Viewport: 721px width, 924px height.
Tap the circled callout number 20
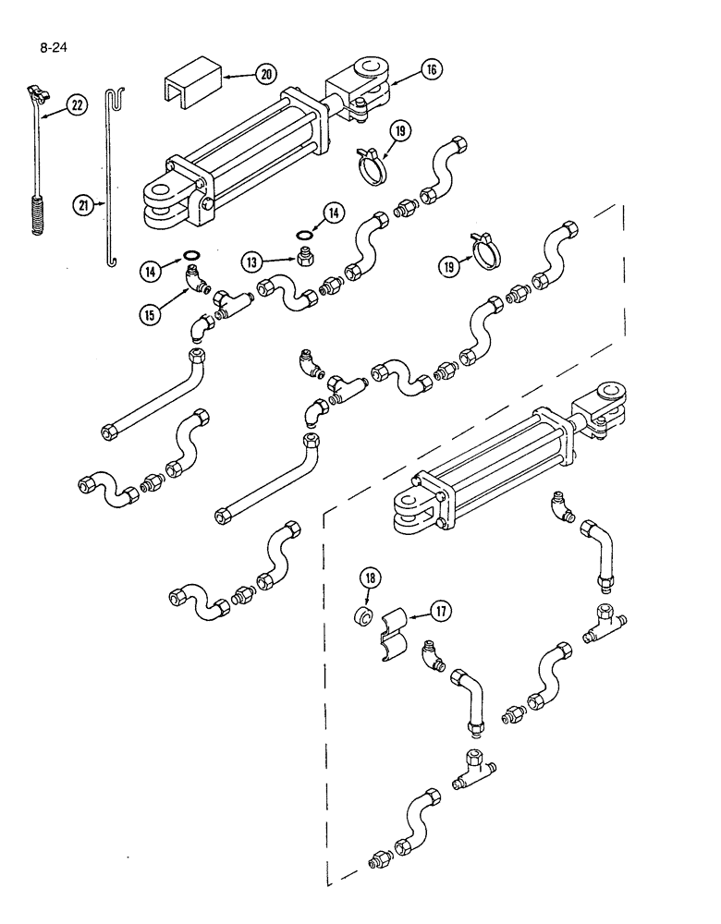click(x=243, y=73)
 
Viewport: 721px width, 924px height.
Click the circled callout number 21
click(x=85, y=207)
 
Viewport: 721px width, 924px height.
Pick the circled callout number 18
click(x=370, y=578)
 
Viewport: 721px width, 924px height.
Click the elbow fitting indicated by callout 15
click(x=196, y=276)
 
